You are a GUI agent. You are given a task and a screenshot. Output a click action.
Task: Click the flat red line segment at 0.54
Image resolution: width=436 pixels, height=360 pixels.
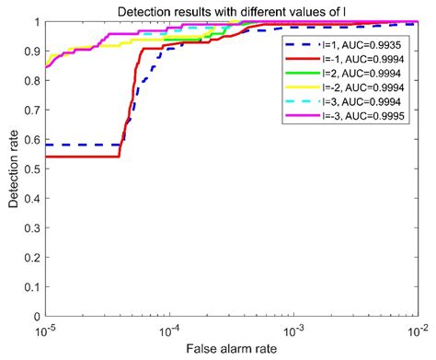point(83,157)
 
